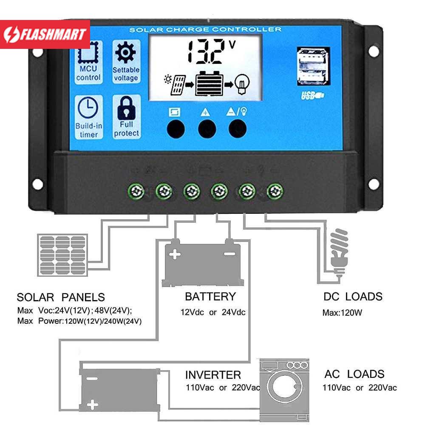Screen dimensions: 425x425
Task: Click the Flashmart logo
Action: pos(45,34)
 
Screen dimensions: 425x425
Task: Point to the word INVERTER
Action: pos(213,375)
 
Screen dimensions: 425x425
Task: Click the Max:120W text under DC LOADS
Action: pos(342,314)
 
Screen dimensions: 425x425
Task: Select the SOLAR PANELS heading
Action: pos(61,297)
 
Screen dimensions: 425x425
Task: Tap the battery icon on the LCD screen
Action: pos(209,83)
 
